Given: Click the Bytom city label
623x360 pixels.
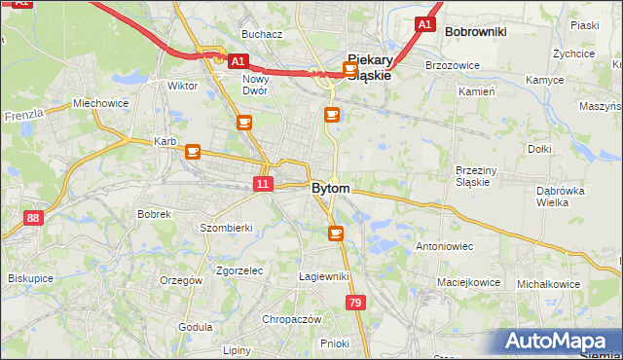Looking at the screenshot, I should click(x=331, y=188).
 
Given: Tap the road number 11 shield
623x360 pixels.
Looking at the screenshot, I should click(x=264, y=184).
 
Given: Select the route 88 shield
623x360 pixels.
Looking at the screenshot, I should click(x=34, y=218).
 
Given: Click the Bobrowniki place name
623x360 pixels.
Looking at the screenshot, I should click(x=475, y=31).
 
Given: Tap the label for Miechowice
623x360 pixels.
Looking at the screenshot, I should click(x=100, y=103).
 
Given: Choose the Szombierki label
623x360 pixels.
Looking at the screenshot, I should click(x=226, y=228).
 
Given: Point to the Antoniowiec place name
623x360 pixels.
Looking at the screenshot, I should click(x=444, y=247).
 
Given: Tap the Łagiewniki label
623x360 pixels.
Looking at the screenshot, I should click(x=324, y=276).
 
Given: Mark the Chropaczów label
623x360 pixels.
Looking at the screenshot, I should click(x=291, y=319).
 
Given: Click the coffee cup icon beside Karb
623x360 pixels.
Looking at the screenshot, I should click(x=193, y=152).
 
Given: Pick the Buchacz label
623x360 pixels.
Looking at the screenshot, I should click(x=262, y=34).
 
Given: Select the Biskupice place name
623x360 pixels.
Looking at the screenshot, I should click(x=30, y=277).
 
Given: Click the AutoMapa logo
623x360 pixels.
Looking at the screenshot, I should click(x=562, y=342).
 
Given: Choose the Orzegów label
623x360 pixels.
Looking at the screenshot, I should click(x=181, y=280).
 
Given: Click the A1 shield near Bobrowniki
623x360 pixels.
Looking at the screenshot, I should click(x=424, y=23).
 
